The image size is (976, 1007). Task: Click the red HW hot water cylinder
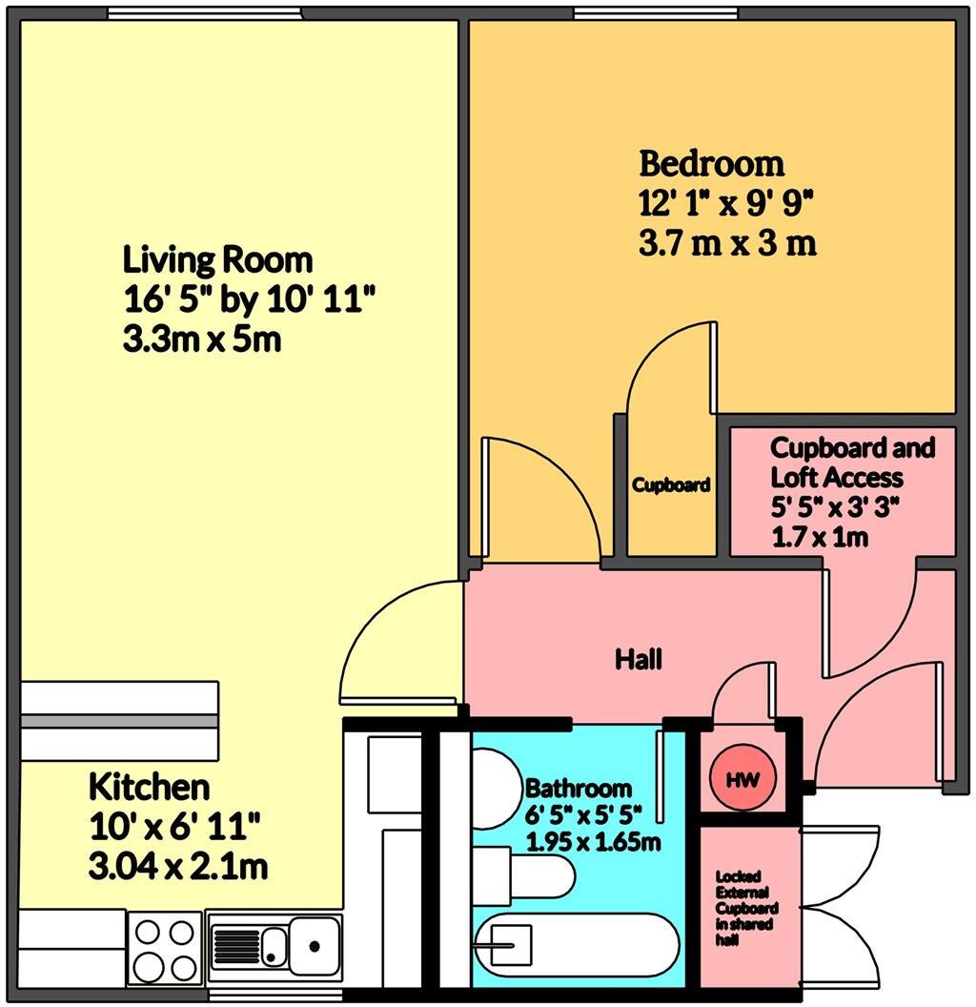pos(742,779)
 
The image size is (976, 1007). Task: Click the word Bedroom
pos(711,164)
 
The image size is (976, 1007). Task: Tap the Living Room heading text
pos(217,259)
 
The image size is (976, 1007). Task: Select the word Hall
pos(638,659)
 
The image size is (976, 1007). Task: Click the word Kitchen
pos(149,788)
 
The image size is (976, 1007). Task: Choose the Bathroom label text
pos(579,789)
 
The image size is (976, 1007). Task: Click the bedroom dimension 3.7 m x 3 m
pos(727,243)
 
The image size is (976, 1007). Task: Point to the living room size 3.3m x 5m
pos(202,339)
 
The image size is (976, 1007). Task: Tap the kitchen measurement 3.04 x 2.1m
pos(177,868)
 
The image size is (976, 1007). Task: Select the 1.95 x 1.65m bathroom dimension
pos(594,842)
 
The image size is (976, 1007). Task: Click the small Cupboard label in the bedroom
pos(671,485)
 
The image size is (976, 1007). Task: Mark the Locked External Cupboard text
pos(746,909)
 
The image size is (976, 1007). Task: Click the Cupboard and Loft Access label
pos(852,462)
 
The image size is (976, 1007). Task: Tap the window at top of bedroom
pos(655,12)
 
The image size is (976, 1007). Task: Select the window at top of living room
pos(205,12)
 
